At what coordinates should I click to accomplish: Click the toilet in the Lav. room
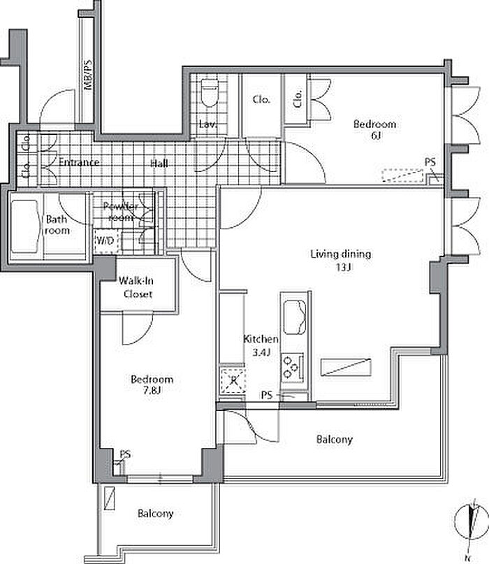[210, 93]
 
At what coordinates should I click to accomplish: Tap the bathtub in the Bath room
[24, 226]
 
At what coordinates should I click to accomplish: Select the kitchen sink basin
[295, 317]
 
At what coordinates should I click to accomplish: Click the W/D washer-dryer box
[105, 240]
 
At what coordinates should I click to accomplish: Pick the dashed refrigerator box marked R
[233, 380]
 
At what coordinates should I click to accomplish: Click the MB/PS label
[88, 75]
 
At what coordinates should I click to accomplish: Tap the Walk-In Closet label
[137, 287]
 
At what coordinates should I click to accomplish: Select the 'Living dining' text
[340, 254]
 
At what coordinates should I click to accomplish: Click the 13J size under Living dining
[344, 267]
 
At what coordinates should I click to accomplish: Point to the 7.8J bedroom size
[152, 390]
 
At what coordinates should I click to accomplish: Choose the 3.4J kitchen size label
[261, 352]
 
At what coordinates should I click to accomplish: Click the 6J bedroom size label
[376, 136]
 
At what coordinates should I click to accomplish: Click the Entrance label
[79, 162]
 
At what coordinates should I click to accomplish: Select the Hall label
[159, 164]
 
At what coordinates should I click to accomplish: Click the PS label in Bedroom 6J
[430, 162]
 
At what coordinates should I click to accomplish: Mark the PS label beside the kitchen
[267, 396]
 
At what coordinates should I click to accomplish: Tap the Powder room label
[120, 212]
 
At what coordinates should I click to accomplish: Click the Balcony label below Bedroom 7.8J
[155, 513]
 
